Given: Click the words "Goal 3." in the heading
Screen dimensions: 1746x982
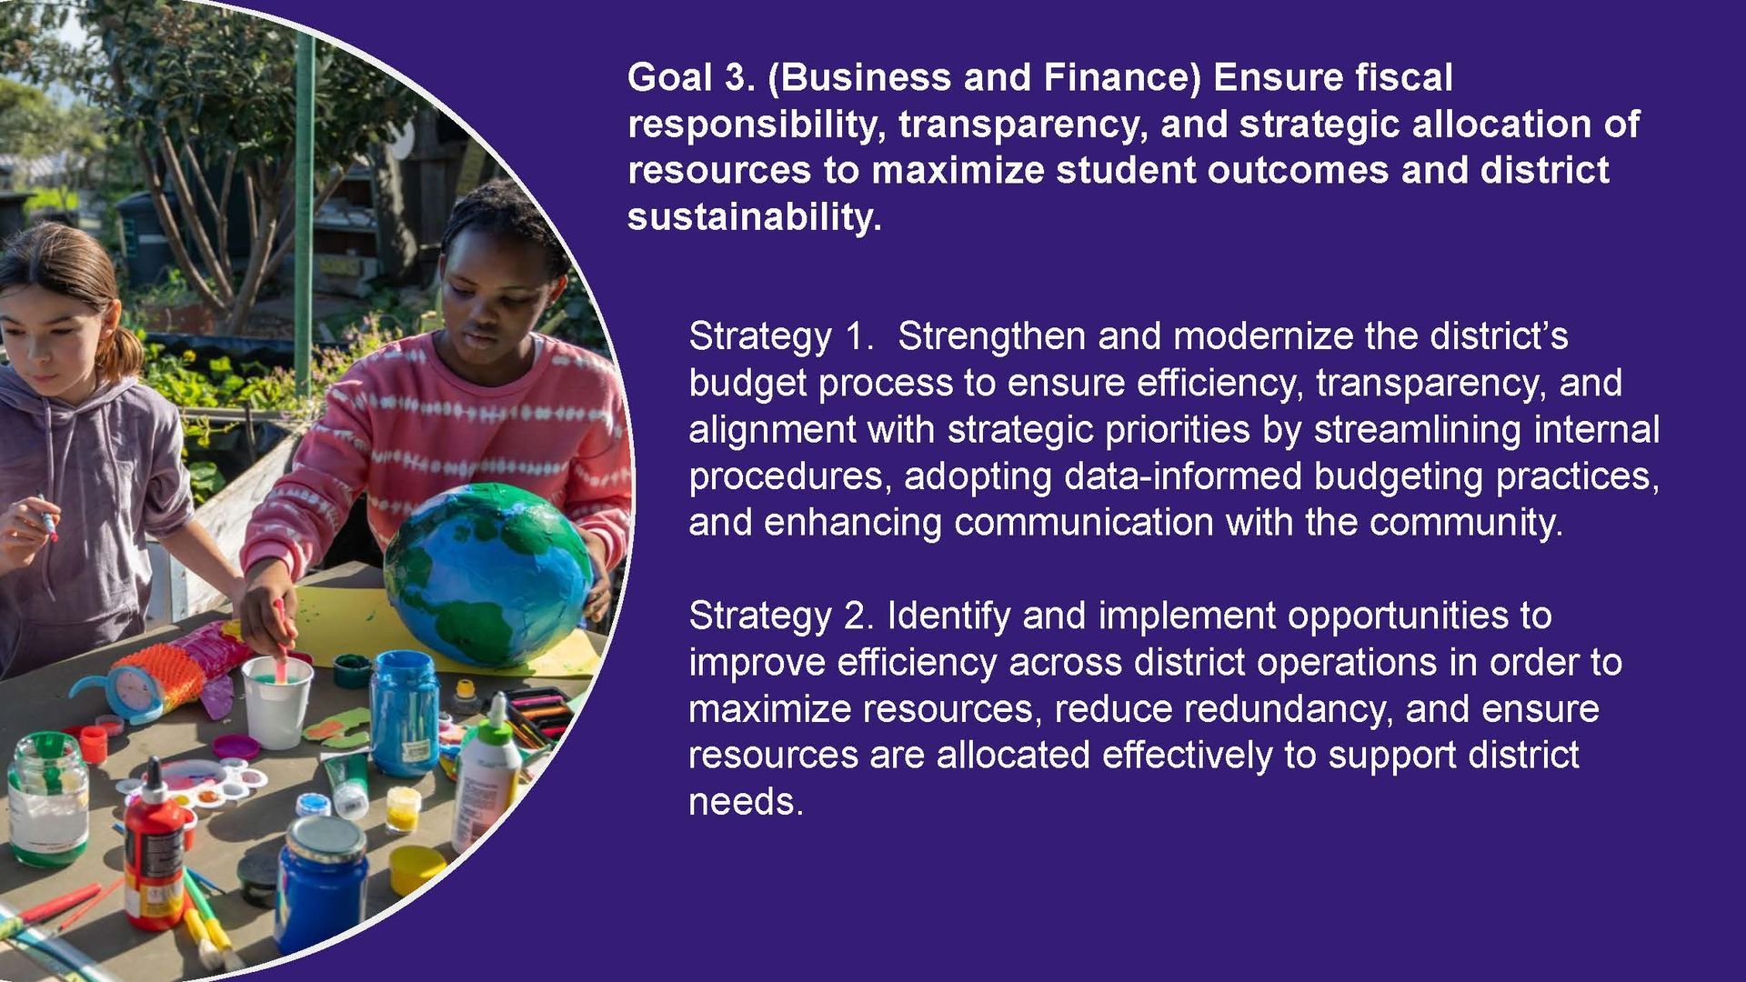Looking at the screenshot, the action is (x=691, y=77).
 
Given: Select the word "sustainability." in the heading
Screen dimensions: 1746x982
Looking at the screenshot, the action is (x=755, y=217).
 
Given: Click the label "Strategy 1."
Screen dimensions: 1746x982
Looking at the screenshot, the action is (x=781, y=337).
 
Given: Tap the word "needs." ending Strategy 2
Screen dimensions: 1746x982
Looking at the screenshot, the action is (x=747, y=802).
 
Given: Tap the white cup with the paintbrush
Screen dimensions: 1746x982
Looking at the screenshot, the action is (x=276, y=701).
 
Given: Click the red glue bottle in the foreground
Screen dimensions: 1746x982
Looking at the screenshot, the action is (x=155, y=846).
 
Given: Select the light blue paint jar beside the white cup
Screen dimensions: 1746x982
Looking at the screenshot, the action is (x=404, y=713).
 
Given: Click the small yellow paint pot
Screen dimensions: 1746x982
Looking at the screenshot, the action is (x=402, y=809).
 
